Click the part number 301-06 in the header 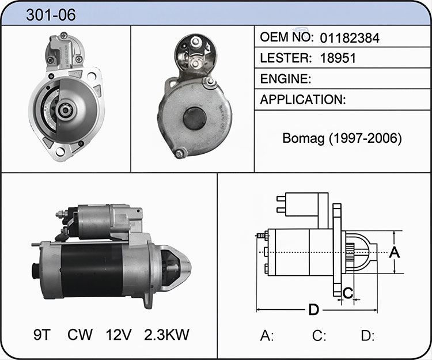tap(51, 15)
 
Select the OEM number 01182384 tap(350, 38)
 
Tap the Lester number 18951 tap(338, 58)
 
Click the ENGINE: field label tap(286, 79)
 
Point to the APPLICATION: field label tap(303, 100)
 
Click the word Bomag tap(303, 139)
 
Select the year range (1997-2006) tap(365, 139)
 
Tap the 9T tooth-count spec tap(42, 335)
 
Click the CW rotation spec tap(80, 335)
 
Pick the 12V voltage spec tap(119, 335)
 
